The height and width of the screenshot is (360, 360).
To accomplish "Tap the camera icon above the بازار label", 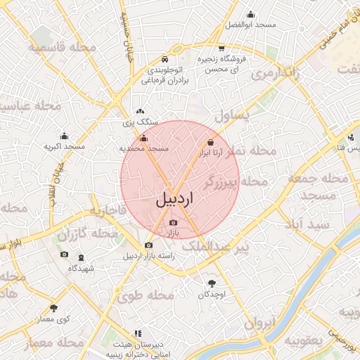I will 174,223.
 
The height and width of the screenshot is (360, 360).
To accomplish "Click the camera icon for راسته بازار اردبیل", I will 148,245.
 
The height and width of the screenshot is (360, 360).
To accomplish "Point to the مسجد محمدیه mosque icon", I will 144,139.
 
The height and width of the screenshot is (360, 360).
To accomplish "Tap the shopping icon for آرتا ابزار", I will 210,142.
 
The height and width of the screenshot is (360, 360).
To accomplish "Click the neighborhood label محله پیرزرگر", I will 235,183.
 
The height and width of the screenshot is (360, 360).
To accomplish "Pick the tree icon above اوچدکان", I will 212,283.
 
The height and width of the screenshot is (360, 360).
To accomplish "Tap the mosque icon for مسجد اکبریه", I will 65,136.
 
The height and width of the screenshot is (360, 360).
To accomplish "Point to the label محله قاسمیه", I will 63,47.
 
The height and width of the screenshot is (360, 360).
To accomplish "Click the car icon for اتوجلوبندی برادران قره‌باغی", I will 165,59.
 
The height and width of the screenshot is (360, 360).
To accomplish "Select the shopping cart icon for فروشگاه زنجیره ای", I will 221,49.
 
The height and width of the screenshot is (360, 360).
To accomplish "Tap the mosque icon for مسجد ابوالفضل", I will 250,15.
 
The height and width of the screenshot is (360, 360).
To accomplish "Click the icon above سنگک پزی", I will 140,111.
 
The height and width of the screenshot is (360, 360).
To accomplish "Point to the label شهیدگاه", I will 81,269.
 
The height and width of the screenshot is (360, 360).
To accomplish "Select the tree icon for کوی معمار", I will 54,308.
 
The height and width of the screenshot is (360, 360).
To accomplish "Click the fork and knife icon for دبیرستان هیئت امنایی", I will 136,333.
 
